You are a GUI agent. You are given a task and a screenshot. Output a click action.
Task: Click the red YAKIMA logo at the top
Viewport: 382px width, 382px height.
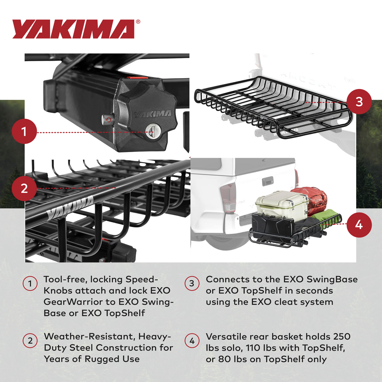pos(73,29)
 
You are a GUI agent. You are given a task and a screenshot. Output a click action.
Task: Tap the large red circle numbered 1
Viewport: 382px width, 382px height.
pos(24,132)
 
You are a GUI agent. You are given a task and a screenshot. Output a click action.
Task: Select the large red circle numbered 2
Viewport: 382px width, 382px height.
pos(24,188)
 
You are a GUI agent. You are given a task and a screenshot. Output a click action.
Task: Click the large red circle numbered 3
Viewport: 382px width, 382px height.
pos(359,102)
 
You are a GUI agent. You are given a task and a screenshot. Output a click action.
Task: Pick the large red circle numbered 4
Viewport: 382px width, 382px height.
pos(359,225)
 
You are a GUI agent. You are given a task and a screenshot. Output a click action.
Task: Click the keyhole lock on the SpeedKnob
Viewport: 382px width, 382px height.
pos(155,131)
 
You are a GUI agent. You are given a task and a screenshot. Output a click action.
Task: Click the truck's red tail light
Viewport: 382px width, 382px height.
pos(228,196)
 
